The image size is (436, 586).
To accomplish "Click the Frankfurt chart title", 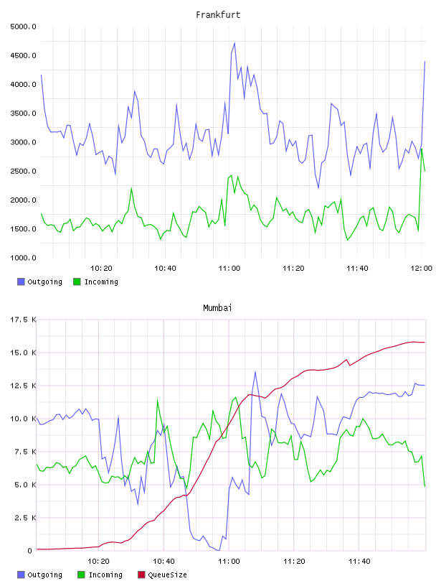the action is pos(218,15).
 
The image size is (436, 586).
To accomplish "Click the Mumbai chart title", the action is pos(217,308).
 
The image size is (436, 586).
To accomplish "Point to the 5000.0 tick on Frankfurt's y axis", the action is pos(23,27).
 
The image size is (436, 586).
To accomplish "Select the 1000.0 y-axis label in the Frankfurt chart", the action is pos(23,258).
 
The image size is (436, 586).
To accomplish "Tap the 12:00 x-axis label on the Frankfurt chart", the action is pos(422,268).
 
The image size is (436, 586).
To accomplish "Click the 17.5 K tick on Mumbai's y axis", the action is pos(23,320).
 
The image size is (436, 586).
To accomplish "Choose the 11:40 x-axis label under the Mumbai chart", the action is pos(359,561).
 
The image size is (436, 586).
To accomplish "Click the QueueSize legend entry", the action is pos(162,575).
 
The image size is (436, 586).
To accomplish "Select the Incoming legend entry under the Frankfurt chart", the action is pos(96,282).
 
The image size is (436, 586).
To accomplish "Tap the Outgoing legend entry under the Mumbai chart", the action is pos(40,575).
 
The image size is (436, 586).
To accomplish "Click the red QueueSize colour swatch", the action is pos(141,575).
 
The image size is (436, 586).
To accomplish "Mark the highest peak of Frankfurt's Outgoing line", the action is pos(234,43).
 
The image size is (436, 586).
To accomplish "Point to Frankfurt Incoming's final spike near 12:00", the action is pos(422,149).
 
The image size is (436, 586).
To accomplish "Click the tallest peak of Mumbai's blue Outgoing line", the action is pos(255,372).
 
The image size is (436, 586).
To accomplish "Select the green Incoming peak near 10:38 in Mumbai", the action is pos(158,400).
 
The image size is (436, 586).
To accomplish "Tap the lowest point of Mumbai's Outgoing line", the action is pos(219,551).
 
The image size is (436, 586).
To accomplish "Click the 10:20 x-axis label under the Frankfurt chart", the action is pos(102,268).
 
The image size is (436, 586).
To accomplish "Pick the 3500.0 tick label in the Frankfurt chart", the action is pos(23,113).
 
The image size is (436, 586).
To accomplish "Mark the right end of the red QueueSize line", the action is pos(425,343).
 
